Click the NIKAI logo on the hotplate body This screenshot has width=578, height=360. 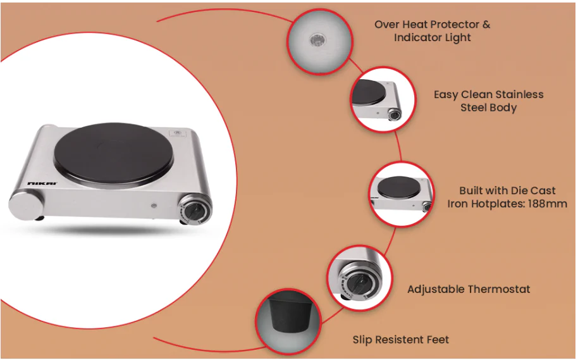pos(42,183)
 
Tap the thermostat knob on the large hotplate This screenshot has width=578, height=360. pos(195,209)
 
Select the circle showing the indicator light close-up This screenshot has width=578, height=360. pos(320,41)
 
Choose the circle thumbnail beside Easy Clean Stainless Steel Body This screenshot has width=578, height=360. pos(383,99)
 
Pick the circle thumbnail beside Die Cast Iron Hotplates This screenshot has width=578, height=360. pos(402,194)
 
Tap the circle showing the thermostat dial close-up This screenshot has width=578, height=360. pos(359,278)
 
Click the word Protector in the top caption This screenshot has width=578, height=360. pos(455,24)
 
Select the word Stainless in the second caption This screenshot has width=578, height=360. pos(519,94)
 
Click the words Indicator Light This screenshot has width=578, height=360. pos(433,37)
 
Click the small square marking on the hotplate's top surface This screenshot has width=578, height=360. pos(177,133)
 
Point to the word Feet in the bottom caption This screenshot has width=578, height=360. pos(438,340)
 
